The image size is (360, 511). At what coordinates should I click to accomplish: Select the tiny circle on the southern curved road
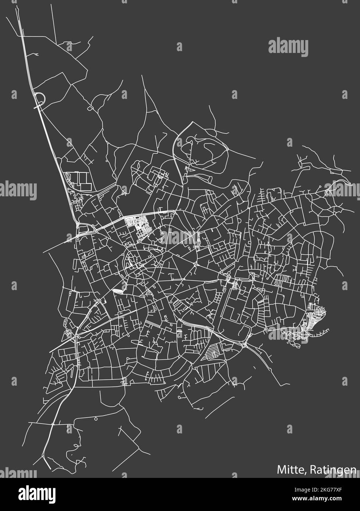(x=96, y=419)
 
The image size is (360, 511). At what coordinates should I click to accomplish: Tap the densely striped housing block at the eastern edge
(x=315, y=317)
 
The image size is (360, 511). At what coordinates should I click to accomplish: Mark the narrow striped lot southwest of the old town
(x=118, y=291)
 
